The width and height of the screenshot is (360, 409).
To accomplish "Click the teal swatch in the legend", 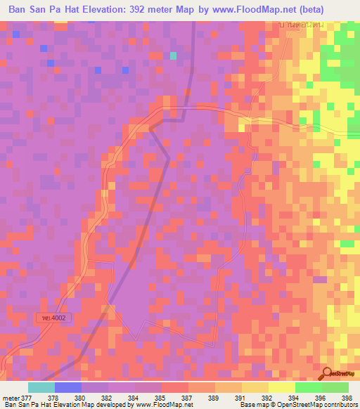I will (41, 387).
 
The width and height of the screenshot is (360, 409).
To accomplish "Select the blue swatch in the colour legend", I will (68, 387).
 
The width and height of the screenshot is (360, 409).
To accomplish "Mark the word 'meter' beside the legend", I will (11, 397).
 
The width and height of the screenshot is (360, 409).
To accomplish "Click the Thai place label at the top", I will (293, 25).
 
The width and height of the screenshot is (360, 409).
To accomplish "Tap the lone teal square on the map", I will (173, 56).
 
